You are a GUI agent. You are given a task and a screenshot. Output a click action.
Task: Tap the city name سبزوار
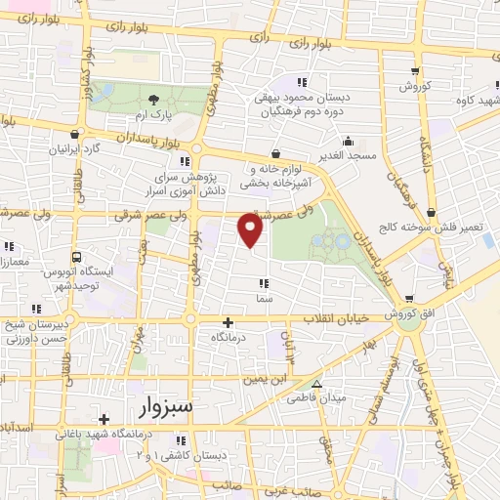pyautogui.click(x=160, y=404)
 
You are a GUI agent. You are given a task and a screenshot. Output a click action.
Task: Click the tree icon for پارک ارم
pyautogui.click(x=152, y=100)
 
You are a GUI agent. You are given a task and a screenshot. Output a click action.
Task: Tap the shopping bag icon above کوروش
pyautogui.click(x=416, y=70)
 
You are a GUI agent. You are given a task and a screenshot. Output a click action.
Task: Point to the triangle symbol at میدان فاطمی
pyautogui.click(x=315, y=383)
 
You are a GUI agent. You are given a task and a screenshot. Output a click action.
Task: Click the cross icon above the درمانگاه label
pyautogui.click(x=228, y=321)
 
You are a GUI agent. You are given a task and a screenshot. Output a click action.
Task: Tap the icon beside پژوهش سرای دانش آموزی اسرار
pyautogui.click(x=184, y=161)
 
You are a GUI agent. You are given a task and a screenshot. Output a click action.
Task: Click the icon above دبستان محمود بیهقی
pyautogui.click(x=303, y=82)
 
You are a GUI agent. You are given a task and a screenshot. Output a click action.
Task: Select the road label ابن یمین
pyautogui.click(x=268, y=376)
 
